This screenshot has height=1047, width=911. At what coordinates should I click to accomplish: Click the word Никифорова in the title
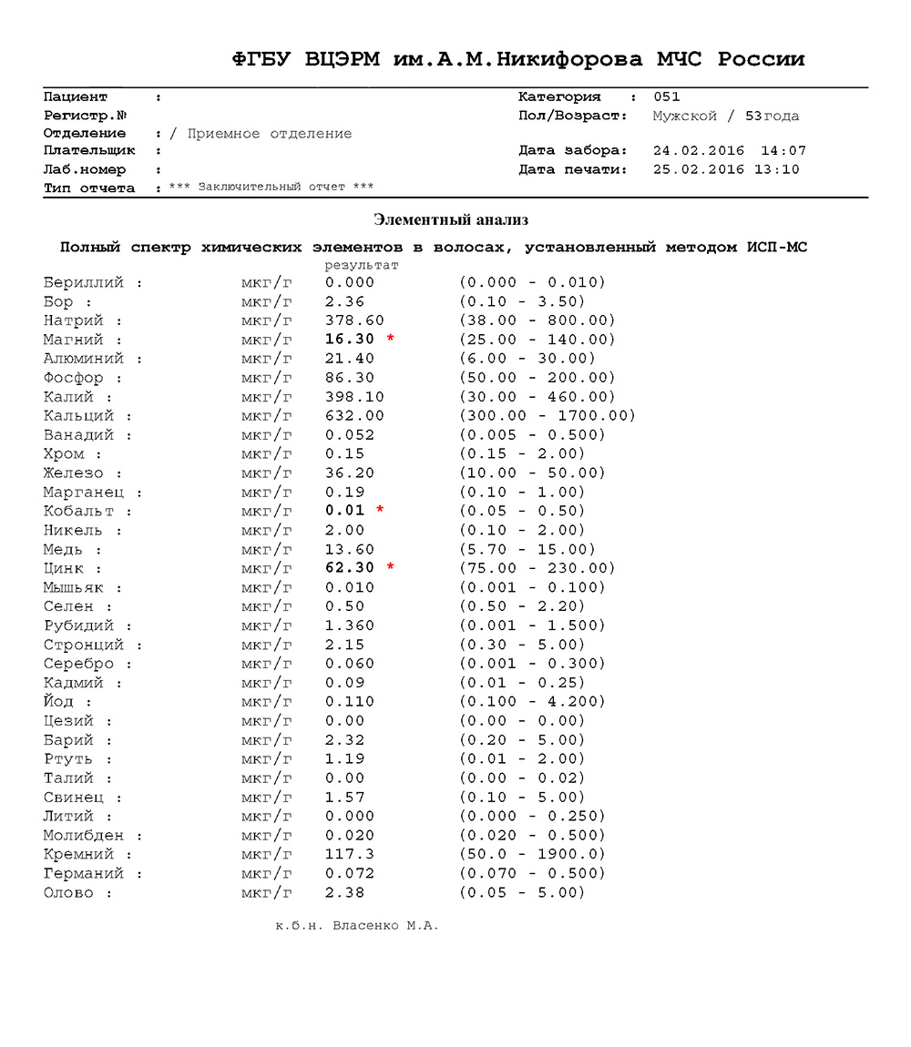571,60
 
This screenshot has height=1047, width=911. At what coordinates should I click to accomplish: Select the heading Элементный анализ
451,219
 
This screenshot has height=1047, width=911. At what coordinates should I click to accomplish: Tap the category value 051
667,97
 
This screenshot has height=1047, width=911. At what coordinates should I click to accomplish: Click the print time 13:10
776,169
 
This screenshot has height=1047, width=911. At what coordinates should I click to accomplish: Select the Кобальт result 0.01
345,511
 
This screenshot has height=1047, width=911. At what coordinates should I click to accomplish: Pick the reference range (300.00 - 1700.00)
548,416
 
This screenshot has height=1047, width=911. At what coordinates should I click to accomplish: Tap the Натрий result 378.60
354,320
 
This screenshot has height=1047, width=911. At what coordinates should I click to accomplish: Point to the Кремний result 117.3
350,854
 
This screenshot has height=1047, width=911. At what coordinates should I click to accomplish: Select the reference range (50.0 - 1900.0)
533,854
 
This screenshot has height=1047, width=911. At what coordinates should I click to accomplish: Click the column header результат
362,265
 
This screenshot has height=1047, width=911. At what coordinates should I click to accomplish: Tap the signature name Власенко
368,926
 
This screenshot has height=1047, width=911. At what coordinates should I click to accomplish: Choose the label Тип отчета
89,188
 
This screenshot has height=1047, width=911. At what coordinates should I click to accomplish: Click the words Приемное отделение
269,134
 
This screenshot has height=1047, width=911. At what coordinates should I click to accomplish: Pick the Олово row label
68,892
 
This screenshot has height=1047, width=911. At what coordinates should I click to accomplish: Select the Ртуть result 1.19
345,758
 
